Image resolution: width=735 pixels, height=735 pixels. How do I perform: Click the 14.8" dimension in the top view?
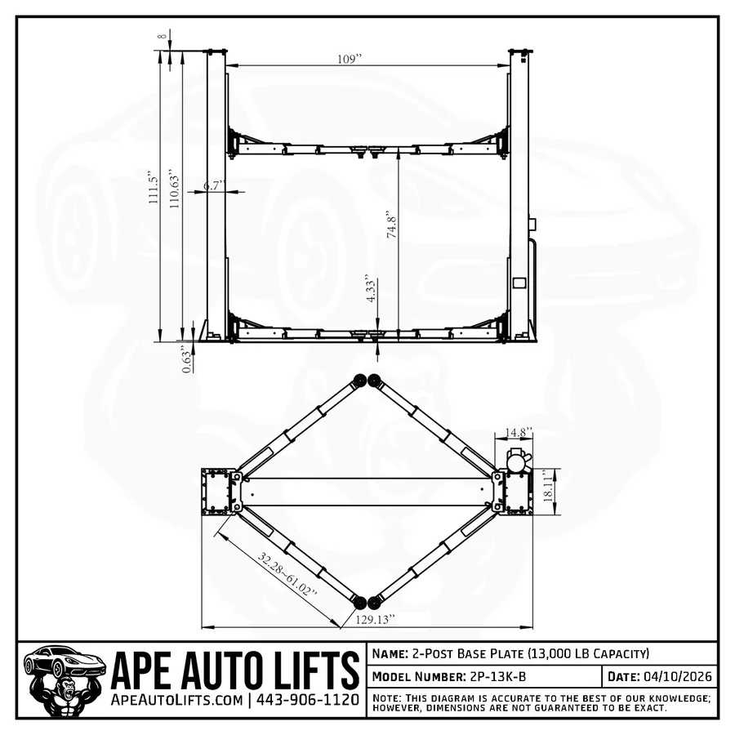[518, 432]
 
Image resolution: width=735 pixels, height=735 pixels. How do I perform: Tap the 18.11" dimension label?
[548, 492]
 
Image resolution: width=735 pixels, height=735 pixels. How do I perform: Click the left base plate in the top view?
[216, 492]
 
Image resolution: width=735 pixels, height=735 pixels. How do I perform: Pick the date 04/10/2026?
[678, 677]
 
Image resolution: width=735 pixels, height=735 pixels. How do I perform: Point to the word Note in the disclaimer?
[386, 698]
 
